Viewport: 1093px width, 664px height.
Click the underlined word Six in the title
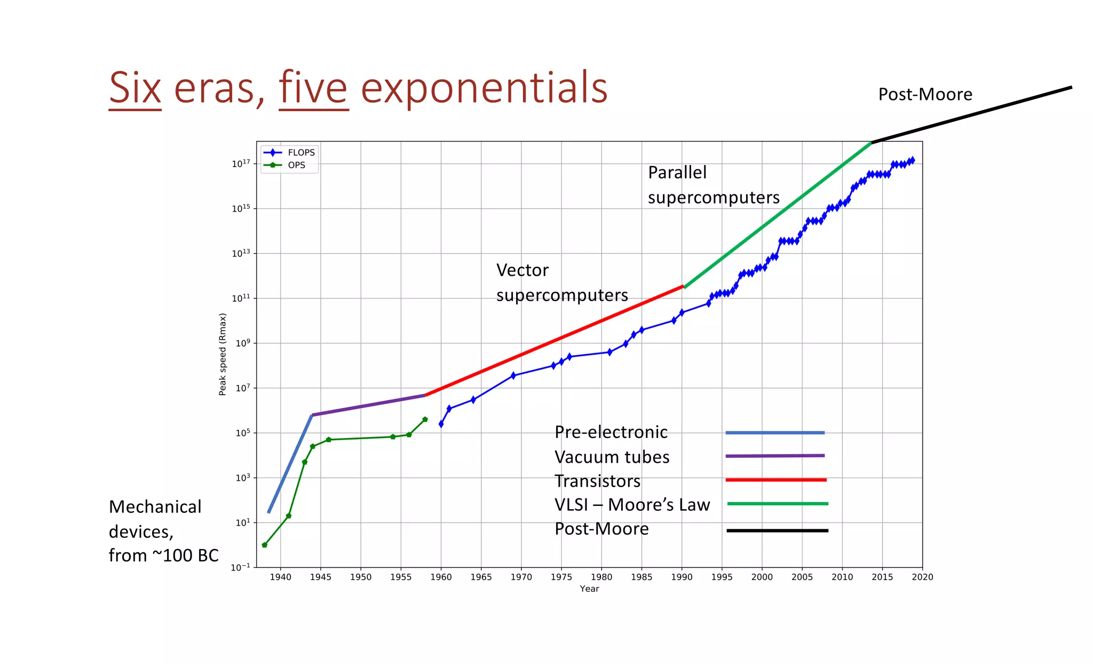pos(135,88)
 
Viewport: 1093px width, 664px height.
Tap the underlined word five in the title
pos(313,88)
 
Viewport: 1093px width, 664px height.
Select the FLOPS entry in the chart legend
pos(301,153)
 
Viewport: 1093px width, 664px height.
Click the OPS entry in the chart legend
pos(296,166)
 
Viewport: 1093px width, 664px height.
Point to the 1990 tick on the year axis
pos(682,577)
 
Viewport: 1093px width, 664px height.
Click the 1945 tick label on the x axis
pos(320,577)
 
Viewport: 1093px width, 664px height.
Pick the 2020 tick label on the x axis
pos(922,577)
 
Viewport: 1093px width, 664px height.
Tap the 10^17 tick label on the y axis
pos(241,163)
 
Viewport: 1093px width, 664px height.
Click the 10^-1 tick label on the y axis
pos(240,567)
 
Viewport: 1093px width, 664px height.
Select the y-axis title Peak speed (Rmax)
pos(223,354)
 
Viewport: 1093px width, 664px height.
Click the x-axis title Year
pos(589,589)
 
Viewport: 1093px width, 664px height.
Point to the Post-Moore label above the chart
pos(925,95)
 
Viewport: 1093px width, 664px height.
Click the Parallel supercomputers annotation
pos(713,185)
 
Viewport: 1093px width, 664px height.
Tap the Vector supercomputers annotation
pos(561,283)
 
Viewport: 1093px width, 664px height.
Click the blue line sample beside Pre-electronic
pos(774,433)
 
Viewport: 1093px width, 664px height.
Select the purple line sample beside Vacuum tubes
pos(774,456)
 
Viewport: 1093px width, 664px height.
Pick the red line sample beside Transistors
pos(775,480)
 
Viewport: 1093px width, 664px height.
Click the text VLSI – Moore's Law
pos(632,505)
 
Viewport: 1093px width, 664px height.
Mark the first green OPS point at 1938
pos(265,545)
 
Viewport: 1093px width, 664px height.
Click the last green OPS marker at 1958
pos(425,419)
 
